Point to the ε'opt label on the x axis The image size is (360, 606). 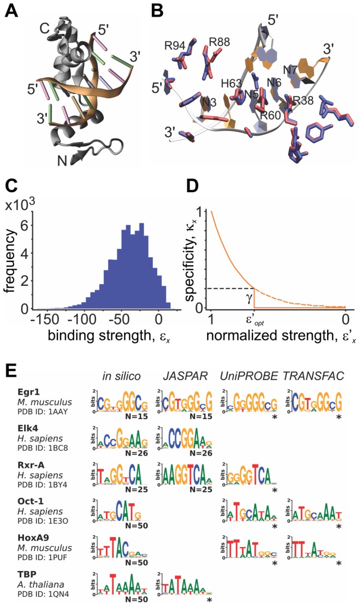255,320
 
